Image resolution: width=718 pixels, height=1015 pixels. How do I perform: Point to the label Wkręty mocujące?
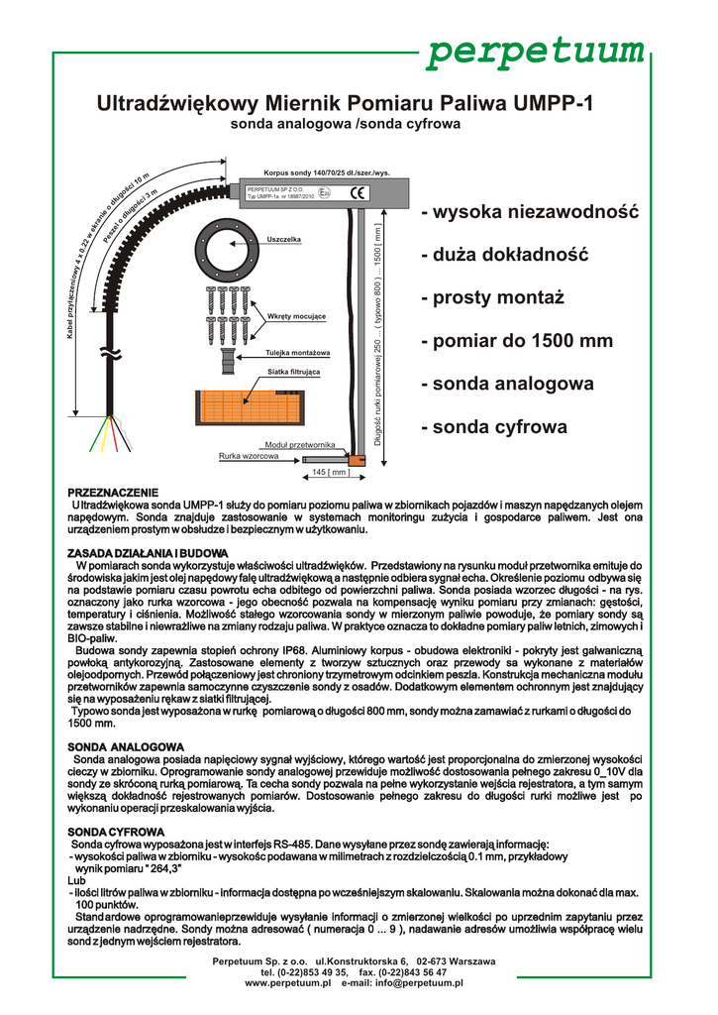point(296,316)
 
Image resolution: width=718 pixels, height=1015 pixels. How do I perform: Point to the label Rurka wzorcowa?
point(248,456)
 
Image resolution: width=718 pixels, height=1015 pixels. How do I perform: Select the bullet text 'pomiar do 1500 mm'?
point(516,341)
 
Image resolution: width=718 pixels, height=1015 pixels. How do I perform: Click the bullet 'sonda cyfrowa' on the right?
point(493,427)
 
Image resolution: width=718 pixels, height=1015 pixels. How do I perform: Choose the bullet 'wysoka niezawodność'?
point(530,213)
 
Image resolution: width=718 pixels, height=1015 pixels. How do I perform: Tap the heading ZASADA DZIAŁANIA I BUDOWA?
point(148,552)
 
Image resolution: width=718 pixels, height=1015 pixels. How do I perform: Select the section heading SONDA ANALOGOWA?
point(126,745)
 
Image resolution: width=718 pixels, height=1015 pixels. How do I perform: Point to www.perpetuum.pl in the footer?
point(286,983)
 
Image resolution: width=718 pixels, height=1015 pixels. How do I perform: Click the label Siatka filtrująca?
point(293,373)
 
